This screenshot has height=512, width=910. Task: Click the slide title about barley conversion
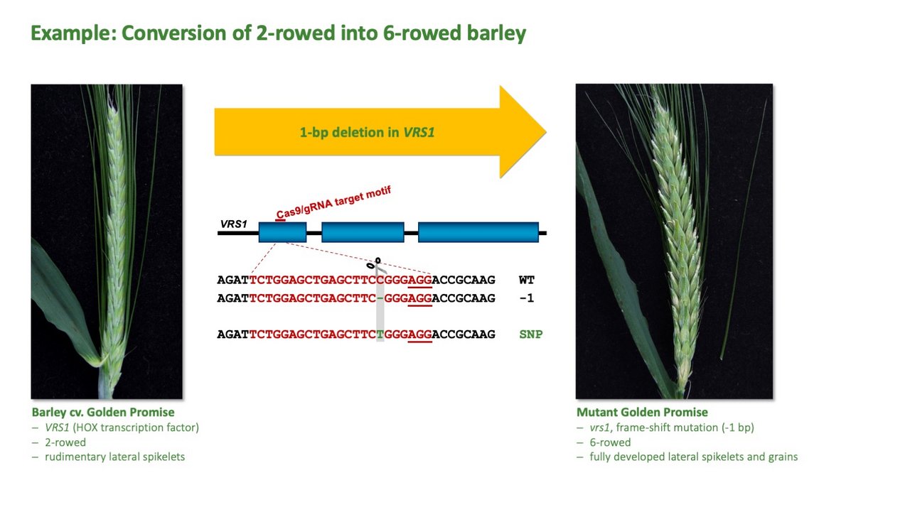pos(278,33)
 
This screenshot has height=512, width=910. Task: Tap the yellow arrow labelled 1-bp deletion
pos(380,132)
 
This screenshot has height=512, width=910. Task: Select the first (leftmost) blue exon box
pos(282,232)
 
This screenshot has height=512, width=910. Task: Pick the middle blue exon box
pos(363,232)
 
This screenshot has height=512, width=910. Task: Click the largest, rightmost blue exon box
pos(478,232)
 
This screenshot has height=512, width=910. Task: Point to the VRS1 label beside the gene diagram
pos(234,224)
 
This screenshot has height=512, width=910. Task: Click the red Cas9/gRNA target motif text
pos(333,202)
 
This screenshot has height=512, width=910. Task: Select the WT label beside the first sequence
pos(527,280)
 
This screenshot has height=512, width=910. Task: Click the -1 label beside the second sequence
pos(527,298)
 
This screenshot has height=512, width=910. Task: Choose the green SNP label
pos(531,334)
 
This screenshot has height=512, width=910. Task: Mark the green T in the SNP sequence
pos(380,334)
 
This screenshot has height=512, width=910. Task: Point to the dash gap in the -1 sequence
pos(380,298)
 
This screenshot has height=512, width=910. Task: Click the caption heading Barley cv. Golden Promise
pos(103,412)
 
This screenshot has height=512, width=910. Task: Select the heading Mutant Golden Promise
pos(642,412)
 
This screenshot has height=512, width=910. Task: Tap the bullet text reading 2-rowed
pos(65,442)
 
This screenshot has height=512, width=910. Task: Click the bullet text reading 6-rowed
pos(610,442)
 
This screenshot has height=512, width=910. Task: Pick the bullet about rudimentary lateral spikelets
pos(115,457)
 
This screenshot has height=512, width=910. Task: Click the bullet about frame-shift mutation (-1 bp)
pos(672,427)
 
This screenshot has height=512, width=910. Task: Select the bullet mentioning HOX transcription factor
pos(122,427)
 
